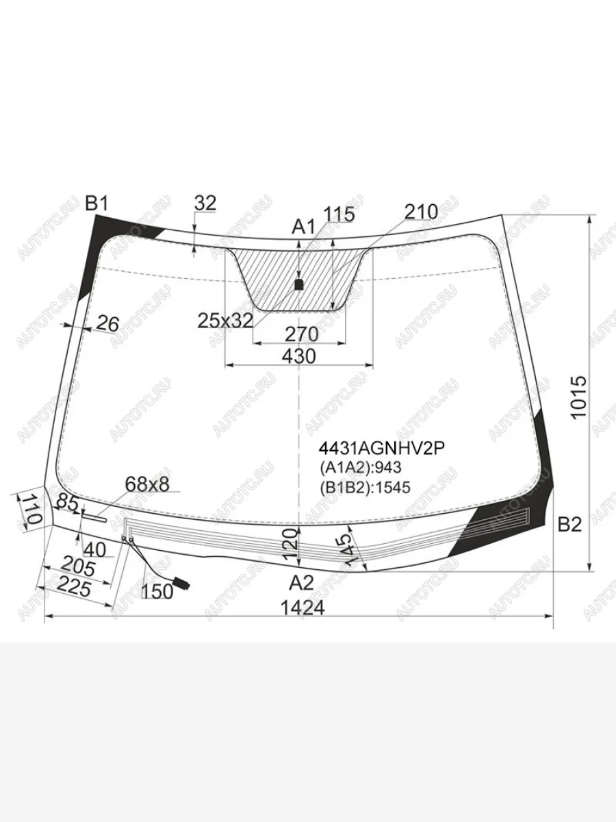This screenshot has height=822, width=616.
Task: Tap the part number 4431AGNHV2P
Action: tap(381, 449)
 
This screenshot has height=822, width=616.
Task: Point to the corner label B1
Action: tap(97, 203)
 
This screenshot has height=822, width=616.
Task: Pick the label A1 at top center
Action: tap(303, 227)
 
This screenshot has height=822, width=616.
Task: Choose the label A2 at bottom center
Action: tap(301, 583)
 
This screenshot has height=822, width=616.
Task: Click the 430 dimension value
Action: tap(299, 356)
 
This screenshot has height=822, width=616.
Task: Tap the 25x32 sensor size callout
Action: tap(225, 321)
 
